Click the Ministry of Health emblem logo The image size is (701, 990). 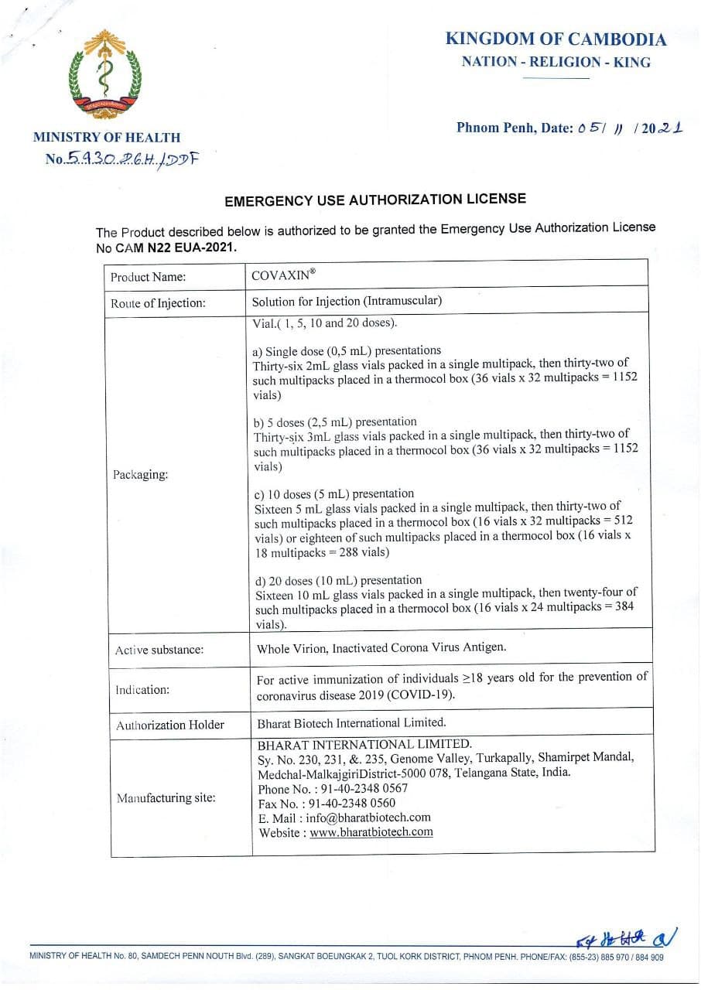click(x=105, y=75)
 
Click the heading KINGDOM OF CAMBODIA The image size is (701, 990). click(x=556, y=39)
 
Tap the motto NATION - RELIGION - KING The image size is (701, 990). click(x=556, y=63)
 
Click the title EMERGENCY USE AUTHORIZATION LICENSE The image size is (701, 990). click(x=374, y=200)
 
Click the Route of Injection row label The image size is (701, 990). click(x=158, y=303)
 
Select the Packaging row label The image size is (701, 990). click(x=140, y=474)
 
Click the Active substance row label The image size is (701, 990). click(x=159, y=650)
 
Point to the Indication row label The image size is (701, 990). click(x=142, y=689)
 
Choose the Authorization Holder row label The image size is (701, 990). click(x=169, y=725)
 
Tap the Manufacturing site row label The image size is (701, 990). click(x=166, y=797)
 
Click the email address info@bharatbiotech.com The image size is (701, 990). click(x=368, y=818)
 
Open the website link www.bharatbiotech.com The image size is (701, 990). click(x=371, y=832)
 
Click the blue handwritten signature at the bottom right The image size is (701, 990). click(x=626, y=939)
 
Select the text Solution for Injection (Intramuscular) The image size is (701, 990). click(x=347, y=301)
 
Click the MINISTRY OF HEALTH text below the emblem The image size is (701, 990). click(x=107, y=138)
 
